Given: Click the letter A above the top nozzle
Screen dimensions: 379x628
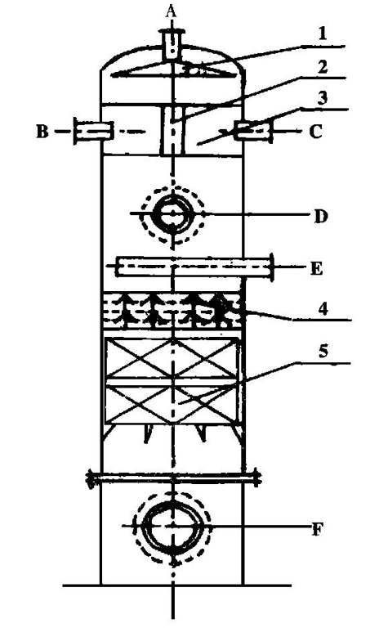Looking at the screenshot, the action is (172, 12).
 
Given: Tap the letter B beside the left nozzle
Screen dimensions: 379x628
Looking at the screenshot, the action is (42, 131).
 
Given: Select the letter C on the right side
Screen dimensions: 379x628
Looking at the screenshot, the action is (316, 131).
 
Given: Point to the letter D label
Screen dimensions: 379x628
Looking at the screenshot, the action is (320, 216).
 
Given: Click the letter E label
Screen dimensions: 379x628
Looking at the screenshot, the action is (316, 269).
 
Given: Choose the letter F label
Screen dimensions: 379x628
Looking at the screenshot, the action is (317, 530).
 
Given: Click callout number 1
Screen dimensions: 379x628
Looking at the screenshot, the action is (322, 34).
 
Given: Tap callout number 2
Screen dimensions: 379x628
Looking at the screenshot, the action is (322, 66).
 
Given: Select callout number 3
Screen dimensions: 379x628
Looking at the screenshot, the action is (323, 98).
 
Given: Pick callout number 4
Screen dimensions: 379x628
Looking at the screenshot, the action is (323, 309).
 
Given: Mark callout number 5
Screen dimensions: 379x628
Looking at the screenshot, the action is (323, 352).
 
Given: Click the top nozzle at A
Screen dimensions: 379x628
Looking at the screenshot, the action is (172, 45).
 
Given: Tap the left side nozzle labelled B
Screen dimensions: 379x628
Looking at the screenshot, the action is (93, 131).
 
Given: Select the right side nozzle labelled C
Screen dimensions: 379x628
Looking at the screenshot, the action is (253, 131).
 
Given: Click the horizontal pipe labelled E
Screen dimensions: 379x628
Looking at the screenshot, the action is (194, 267).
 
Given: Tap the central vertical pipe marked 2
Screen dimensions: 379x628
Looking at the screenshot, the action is (172, 131).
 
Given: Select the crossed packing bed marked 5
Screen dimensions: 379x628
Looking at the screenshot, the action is (172, 381).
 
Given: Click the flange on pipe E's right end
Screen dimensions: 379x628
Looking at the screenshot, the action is (272, 267).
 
